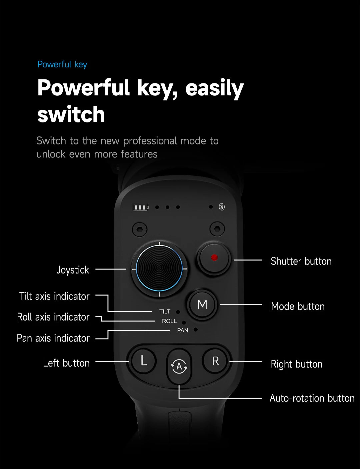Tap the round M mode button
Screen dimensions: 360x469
click(202, 305)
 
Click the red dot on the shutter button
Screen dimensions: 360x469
click(214, 258)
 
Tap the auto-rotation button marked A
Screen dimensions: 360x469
click(179, 366)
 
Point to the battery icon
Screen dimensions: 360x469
click(140, 207)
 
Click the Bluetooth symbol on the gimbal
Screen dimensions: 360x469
click(222, 207)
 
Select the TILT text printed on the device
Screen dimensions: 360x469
click(165, 312)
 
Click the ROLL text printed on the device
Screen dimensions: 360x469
click(169, 321)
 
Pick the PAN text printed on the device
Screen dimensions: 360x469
click(183, 330)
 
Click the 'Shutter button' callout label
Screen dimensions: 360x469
click(301, 261)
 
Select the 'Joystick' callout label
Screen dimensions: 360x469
click(73, 270)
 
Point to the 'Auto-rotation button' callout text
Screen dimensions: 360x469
click(312, 398)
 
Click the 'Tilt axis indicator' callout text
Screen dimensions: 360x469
click(54, 296)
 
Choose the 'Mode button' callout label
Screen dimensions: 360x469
click(298, 306)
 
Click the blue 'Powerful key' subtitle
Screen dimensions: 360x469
click(62, 64)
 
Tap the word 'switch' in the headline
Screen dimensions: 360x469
click(71, 114)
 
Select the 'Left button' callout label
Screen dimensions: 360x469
click(66, 363)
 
